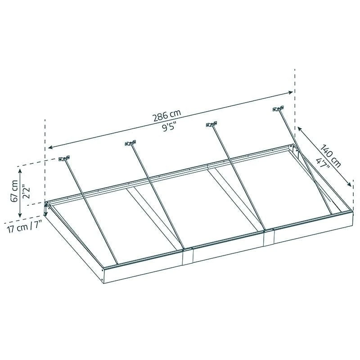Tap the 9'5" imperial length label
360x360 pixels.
[x=169, y=127]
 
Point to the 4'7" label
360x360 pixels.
[x=323, y=163]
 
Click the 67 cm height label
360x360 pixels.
[x=14, y=191]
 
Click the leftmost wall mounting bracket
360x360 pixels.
[x=64, y=158]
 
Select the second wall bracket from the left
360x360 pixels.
[x=130, y=143]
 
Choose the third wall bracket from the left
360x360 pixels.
[x=211, y=125]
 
